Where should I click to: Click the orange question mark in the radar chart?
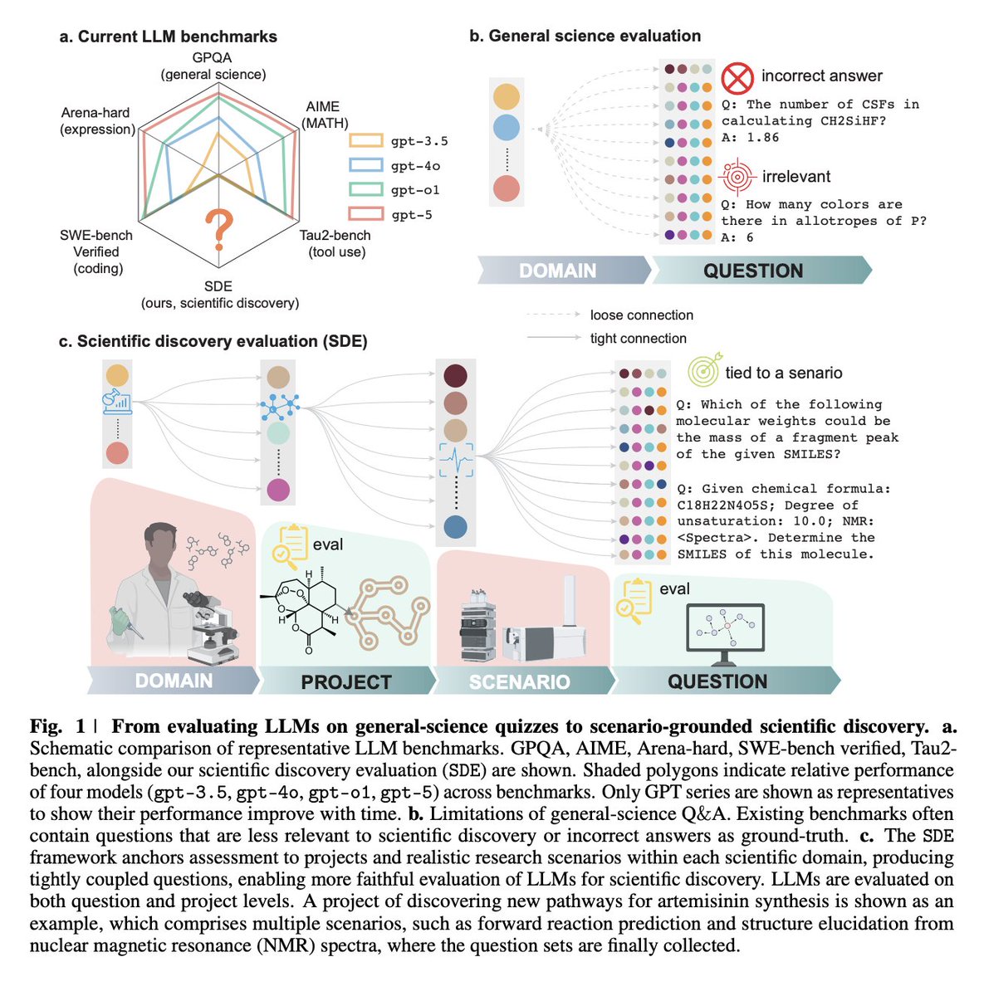click(219, 230)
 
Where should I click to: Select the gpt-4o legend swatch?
click(365, 165)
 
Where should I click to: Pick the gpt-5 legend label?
click(412, 215)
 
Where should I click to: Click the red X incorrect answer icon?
click(737, 77)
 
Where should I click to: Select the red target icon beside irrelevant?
click(737, 177)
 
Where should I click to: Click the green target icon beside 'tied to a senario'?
click(703, 371)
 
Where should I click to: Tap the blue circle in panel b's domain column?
click(506, 127)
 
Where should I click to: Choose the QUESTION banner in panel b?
click(753, 271)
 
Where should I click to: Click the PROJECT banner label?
click(346, 682)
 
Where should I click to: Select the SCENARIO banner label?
click(519, 682)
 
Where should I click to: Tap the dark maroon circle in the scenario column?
click(455, 376)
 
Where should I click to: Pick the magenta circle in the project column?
click(278, 490)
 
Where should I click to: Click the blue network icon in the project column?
click(279, 406)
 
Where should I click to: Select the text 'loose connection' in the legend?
click(641, 315)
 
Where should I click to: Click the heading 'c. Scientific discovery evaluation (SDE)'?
click(213, 341)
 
